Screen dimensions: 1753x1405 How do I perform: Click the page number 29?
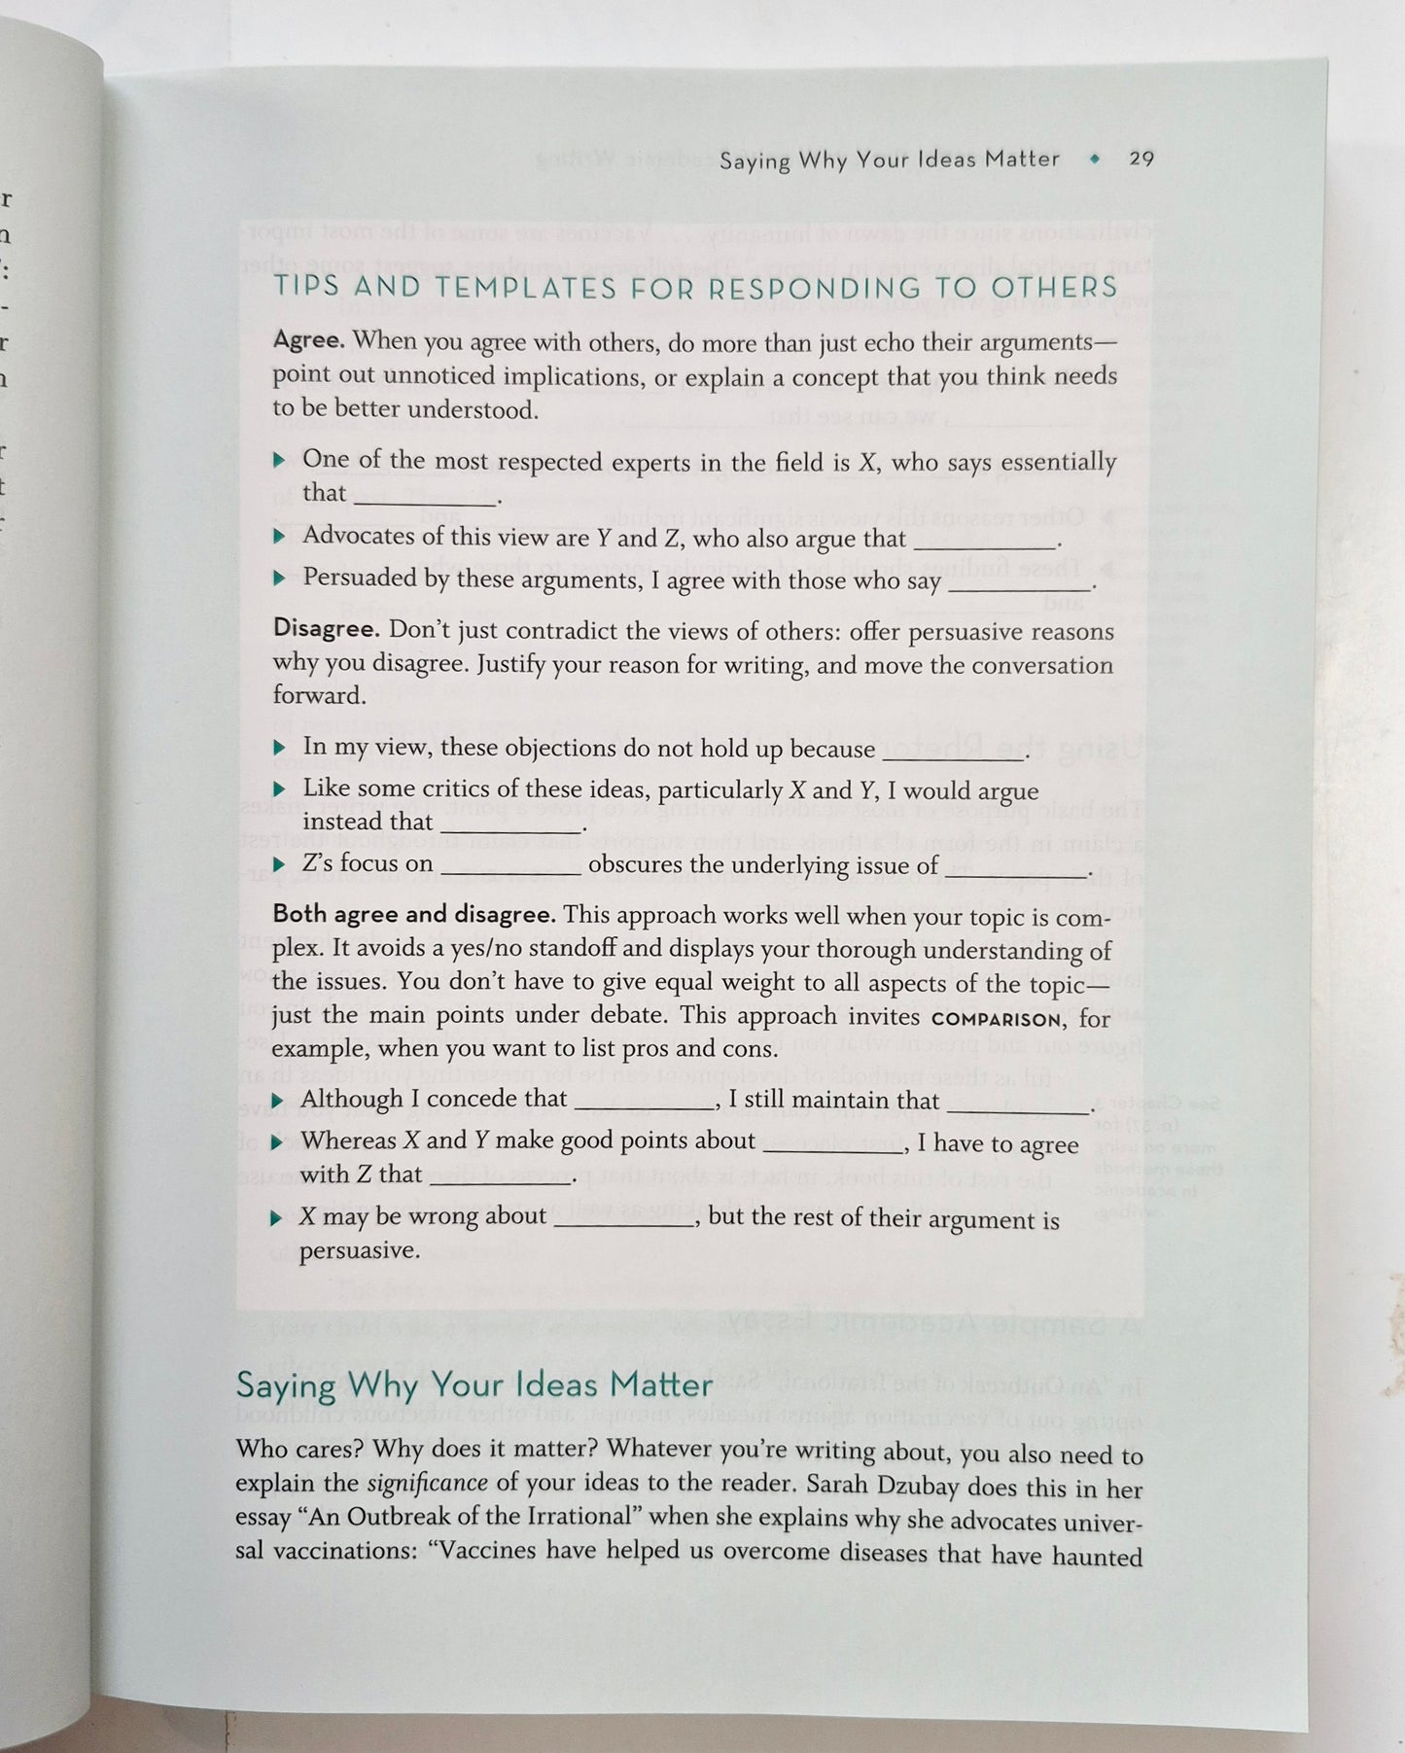tap(1141, 158)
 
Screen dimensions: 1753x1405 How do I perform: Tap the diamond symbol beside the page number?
tap(1095, 159)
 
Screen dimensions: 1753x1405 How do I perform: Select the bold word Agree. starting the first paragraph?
tap(308, 341)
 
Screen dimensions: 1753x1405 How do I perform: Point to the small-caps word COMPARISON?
tap(996, 1020)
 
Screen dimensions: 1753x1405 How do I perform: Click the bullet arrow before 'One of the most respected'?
tap(280, 460)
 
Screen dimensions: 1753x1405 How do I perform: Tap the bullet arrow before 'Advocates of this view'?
tap(280, 536)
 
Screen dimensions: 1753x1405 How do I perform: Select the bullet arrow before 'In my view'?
tap(280, 748)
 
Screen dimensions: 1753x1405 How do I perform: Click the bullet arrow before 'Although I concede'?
tap(278, 1101)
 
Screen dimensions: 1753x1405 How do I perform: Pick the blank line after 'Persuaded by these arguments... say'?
tap(1019, 586)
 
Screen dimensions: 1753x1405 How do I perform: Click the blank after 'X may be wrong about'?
tap(623, 1222)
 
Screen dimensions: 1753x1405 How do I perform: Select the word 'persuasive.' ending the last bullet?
tap(360, 1251)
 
